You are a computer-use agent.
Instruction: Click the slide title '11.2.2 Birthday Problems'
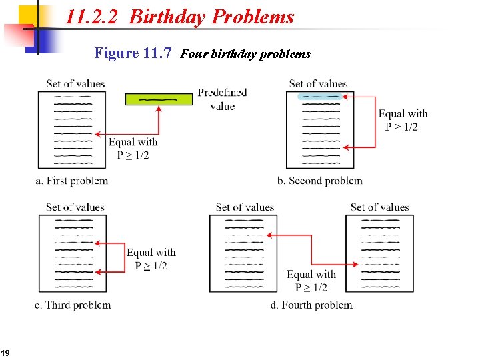179,17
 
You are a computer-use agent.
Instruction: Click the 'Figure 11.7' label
133,53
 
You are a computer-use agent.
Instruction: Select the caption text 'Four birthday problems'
245,54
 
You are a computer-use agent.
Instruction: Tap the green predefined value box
159,99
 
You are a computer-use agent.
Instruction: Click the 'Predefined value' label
222,99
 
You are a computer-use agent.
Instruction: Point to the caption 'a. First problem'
71,181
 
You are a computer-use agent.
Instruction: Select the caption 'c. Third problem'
73,305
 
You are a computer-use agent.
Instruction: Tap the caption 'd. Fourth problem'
311,305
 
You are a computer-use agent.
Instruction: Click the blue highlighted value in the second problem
321,97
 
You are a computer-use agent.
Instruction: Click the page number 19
5,353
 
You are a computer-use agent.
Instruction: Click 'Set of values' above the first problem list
75,83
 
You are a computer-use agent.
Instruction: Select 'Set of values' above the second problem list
318,83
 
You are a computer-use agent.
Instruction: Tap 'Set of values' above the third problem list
75,207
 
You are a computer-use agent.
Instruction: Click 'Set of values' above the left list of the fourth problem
245,207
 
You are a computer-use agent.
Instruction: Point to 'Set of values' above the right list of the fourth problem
379,207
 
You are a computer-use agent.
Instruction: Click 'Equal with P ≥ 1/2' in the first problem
133,148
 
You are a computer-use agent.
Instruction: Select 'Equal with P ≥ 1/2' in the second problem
403,120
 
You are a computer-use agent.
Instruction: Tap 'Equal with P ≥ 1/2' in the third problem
151,259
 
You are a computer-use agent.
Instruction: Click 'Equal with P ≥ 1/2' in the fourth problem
311,281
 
